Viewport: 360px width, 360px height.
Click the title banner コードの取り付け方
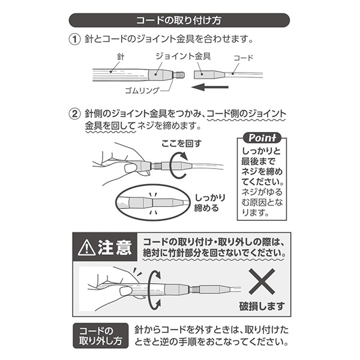point(179,20)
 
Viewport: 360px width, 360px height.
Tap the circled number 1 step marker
point(73,41)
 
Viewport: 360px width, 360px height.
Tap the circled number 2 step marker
point(73,113)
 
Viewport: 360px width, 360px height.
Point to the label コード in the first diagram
point(242,58)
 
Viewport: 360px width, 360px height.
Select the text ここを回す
point(182,144)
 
